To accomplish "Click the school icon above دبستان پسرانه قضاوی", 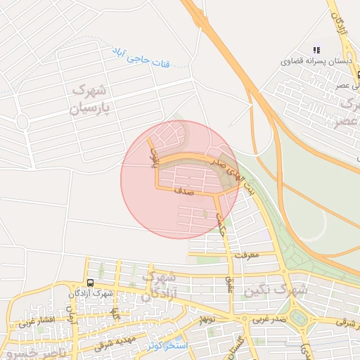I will [x=317, y=50].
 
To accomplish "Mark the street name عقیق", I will [x=229, y=285].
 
